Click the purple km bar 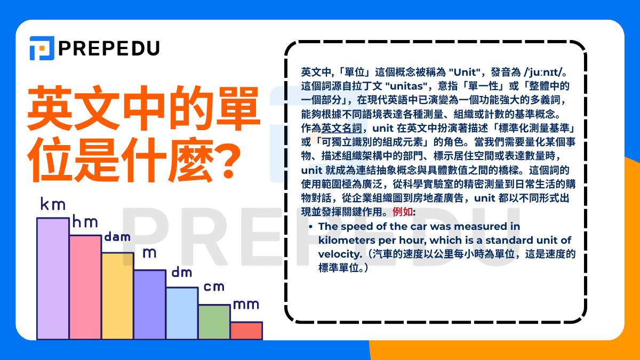(53, 278)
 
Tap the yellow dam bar (117, 296)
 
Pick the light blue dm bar (182, 313)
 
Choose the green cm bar (214, 322)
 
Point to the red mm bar (246, 330)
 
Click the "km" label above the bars (52, 204)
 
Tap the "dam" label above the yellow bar (117, 236)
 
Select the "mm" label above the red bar (246, 305)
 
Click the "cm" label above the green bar (214, 287)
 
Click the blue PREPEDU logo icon (42, 48)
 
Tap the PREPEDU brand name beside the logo (109, 49)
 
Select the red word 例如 (402, 212)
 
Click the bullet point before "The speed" (310, 226)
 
